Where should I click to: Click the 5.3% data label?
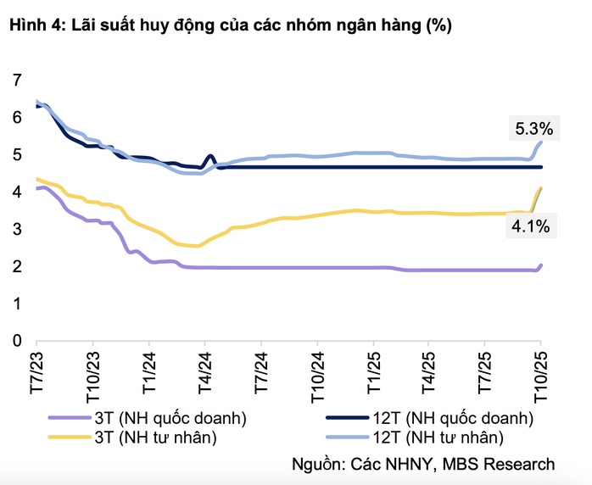[533, 130]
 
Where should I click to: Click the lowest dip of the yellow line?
[197, 246]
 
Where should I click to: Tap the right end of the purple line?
[541, 265]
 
